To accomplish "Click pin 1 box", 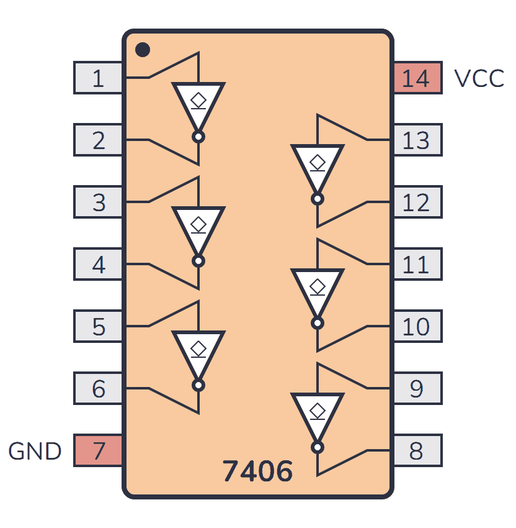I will (98, 78).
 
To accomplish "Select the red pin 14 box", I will (417, 78).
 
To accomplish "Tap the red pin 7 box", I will (98, 450).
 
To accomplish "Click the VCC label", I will (479, 79).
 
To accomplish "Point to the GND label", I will (35, 451).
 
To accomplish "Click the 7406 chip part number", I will (257, 472).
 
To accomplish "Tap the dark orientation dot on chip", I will (143, 49).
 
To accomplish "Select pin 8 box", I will (417, 450).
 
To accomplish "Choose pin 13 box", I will (417, 140).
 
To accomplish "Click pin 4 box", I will (98, 265).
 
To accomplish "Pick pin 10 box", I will (417, 326).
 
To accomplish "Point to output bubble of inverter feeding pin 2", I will (198, 137).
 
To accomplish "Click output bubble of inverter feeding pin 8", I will (318, 447).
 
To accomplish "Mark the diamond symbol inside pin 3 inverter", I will (198, 223).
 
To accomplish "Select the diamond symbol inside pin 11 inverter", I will (318, 285).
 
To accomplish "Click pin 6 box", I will (98, 389).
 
